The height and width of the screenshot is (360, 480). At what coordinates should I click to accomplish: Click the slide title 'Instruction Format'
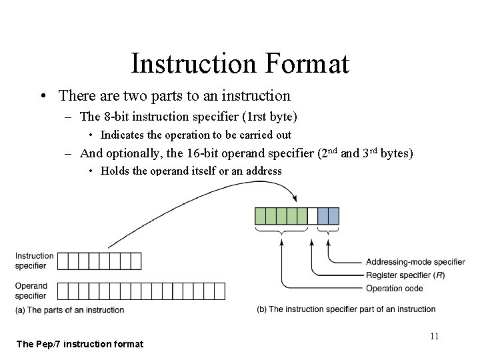(x=240, y=64)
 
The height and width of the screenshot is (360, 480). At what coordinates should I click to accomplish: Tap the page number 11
(x=434, y=336)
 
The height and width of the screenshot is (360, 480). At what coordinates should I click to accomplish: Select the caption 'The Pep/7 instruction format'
(x=79, y=344)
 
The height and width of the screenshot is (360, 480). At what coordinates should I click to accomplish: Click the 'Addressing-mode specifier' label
(x=415, y=261)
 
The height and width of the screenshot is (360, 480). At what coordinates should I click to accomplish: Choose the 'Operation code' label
(x=394, y=288)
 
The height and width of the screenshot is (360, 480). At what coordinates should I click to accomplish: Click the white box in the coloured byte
(x=313, y=215)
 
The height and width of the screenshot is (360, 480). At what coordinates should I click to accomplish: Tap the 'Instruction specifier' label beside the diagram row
(x=34, y=261)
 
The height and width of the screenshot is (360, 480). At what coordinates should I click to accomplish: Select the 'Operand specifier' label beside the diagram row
(x=31, y=291)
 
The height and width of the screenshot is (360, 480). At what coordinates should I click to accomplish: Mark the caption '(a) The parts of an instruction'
(x=69, y=310)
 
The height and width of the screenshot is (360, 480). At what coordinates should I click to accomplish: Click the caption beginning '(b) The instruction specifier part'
(x=346, y=309)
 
